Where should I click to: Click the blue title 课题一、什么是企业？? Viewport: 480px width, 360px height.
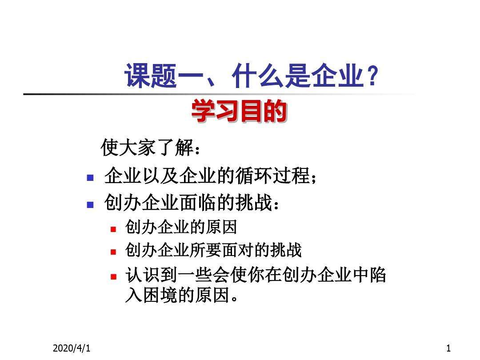click(x=251, y=76)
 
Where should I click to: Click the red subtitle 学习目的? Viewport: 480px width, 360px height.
click(x=239, y=112)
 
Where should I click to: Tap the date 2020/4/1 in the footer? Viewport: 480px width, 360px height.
click(x=72, y=348)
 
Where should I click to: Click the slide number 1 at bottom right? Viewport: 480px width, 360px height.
click(x=448, y=348)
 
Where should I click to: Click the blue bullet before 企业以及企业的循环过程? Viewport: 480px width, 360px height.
click(x=90, y=179)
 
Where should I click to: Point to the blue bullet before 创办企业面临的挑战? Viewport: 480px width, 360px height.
click(x=90, y=205)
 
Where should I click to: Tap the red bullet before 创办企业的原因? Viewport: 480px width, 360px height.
click(x=113, y=229)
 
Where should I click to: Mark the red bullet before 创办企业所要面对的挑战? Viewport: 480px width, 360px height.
click(x=113, y=252)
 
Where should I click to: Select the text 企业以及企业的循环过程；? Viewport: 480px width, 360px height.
click(x=212, y=177)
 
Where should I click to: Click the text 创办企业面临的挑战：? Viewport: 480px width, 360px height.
click(x=193, y=204)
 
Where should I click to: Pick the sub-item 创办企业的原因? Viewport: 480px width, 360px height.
click(x=181, y=228)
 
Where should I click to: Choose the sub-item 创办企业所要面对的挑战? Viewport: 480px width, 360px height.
click(x=213, y=251)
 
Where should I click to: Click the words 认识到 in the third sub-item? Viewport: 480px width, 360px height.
click(x=151, y=276)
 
